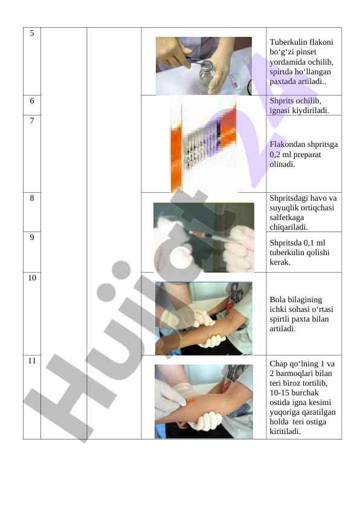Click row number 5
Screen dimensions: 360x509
click(32, 33)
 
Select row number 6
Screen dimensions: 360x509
click(32, 101)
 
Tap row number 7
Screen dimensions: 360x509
click(32, 121)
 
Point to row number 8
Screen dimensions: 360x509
click(32, 198)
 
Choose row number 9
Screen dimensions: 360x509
click(32, 238)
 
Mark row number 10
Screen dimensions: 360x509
click(32, 278)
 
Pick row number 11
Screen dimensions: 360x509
click(32, 361)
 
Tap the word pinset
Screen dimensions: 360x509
click(306, 52)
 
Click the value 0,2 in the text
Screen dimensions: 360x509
click(275, 155)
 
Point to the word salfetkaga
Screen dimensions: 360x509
click(287, 218)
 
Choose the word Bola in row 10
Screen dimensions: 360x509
click(277, 300)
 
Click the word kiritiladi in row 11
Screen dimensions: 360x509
click(284, 432)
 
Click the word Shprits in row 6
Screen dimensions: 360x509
click(281, 101)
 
